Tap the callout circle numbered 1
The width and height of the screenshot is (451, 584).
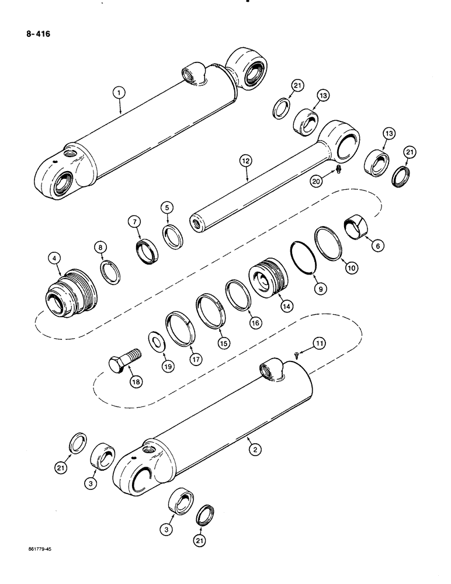[x=119, y=92]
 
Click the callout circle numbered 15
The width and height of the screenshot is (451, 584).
[x=224, y=343]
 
